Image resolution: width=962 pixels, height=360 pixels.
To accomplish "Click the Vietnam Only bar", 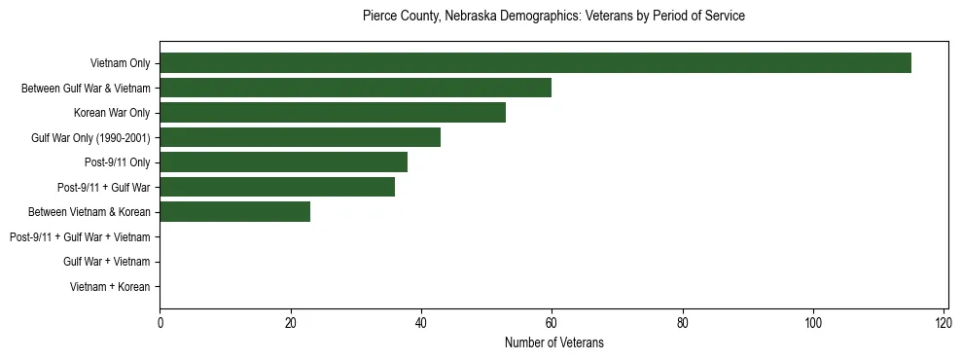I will [535, 63].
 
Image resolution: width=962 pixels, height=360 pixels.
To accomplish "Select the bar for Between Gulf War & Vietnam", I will [355, 88].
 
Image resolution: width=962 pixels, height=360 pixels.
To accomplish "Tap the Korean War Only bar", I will [333, 113].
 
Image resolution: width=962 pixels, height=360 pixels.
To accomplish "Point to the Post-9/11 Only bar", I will [283, 162].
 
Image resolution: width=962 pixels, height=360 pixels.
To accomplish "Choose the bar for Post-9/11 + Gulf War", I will [277, 187].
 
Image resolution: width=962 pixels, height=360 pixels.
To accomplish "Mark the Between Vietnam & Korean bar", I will [234, 211].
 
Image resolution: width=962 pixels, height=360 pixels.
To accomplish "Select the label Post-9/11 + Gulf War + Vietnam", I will [80, 236].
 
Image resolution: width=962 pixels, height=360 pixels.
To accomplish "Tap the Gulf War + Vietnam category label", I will [107, 261].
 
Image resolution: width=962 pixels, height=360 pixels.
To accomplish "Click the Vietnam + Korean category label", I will [110, 286].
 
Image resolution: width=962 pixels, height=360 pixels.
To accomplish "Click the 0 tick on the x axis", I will [160, 323].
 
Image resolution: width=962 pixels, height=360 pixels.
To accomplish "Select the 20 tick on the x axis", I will [290, 323].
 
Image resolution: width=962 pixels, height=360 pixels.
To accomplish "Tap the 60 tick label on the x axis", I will [552, 323].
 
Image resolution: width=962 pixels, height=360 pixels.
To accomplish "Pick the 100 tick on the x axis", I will [813, 323].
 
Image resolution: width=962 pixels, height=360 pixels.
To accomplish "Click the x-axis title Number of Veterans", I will [553, 342].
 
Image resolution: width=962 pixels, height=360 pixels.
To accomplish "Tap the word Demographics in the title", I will [536, 17].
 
